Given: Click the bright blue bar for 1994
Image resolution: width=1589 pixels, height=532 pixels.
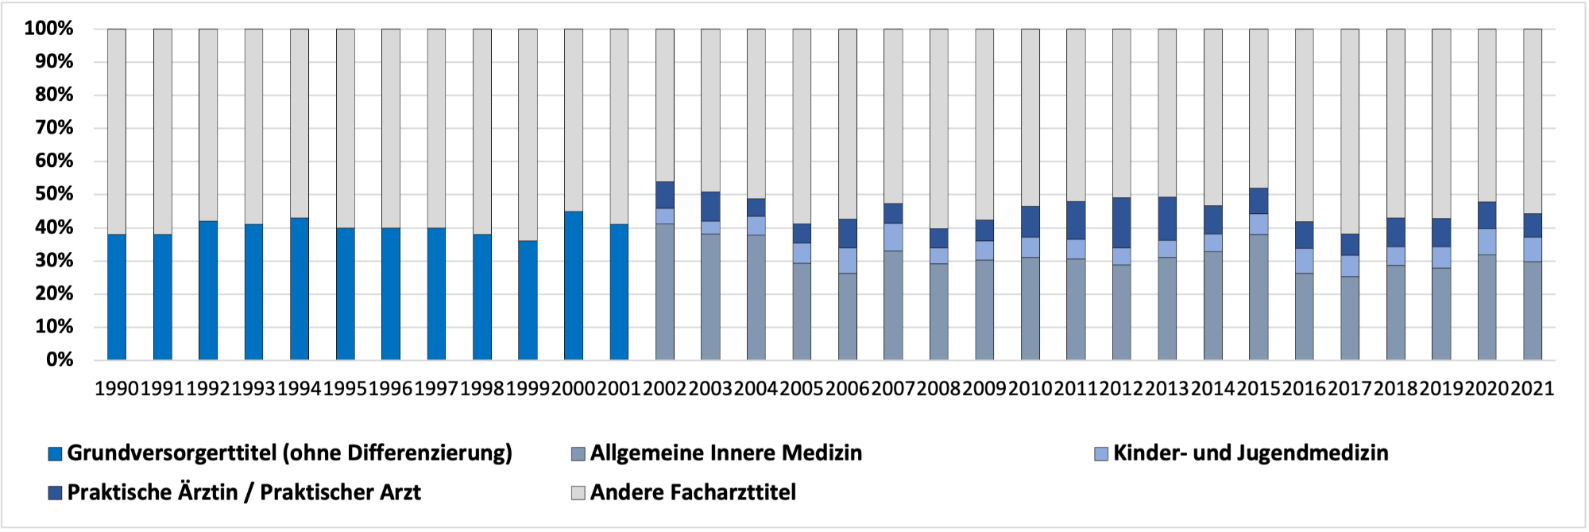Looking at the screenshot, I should (x=300, y=289).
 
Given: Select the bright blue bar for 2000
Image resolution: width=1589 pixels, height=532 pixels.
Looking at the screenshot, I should (x=574, y=285).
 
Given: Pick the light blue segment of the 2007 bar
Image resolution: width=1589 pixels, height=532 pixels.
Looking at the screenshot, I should (x=893, y=237).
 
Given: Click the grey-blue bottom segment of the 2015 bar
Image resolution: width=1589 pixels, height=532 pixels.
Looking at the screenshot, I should (x=1258, y=297).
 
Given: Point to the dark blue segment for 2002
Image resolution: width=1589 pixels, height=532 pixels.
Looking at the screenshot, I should (x=665, y=195).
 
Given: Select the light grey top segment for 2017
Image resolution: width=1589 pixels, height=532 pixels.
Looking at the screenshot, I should (x=1350, y=131).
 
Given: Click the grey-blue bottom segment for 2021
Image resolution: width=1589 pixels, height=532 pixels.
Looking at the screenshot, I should (x=1533, y=311).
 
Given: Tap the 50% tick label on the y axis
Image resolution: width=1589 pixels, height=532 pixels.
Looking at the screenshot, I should (x=54, y=194).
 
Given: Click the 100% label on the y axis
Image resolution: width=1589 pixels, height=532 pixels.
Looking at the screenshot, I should (x=49, y=29).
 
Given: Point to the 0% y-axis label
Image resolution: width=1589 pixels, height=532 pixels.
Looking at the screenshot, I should (x=60, y=359).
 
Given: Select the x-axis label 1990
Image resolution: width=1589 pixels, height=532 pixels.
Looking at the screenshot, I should (x=117, y=389).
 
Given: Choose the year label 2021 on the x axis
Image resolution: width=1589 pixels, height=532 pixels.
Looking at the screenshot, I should (x=1533, y=389).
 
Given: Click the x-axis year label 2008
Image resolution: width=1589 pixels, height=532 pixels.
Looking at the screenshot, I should (x=939, y=389).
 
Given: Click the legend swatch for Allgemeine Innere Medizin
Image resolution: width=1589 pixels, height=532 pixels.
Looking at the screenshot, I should (x=578, y=454).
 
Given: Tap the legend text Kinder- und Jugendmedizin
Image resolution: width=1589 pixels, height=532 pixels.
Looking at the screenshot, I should (x=1251, y=453).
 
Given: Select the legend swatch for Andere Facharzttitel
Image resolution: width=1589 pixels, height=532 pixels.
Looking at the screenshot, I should (x=578, y=493).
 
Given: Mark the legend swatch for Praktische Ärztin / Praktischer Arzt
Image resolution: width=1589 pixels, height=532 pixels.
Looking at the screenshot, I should (x=56, y=493).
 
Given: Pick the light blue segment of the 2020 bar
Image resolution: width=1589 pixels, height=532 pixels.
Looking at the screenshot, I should (x=1487, y=242).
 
